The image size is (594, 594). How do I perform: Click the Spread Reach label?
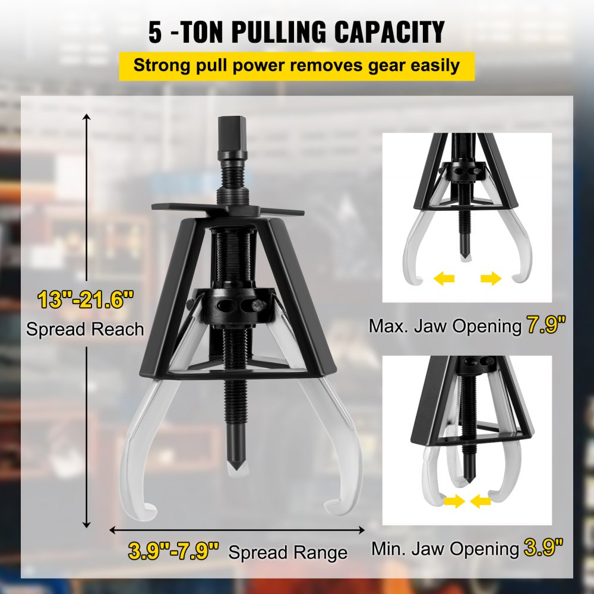pos(85,328)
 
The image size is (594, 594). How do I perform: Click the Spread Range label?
pos(288,552)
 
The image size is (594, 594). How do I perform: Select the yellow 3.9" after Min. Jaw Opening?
pos(544,548)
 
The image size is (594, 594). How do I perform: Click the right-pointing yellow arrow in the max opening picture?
pos(491,278)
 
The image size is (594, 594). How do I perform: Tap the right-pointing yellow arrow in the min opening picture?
pos(453,502)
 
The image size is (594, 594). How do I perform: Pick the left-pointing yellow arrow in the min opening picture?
pos(481,502)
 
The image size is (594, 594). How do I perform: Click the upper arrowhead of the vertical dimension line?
pos(88,119)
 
